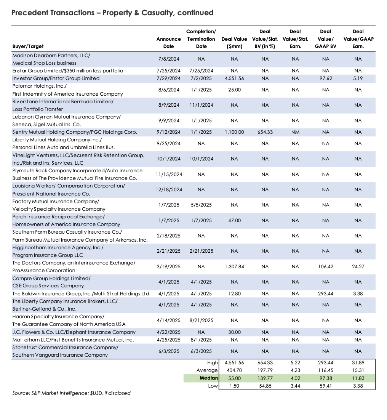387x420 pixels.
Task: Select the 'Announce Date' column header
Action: pyautogui.click(x=168, y=43)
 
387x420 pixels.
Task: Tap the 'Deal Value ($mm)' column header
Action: pyautogui.click(x=234, y=43)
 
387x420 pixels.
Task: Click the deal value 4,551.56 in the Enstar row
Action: pyautogui.click(x=234, y=79)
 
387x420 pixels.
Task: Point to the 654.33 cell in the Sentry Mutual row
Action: pyautogui.click(x=265, y=132)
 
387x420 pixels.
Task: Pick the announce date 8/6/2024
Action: pyautogui.click(x=168, y=90)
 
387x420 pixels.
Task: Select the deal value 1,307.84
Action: pyautogui.click(x=234, y=267)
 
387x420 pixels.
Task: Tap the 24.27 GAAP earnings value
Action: pyautogui.click(x=358, y=267)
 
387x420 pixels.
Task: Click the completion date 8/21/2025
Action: pyautogui.click(x=201, y=321)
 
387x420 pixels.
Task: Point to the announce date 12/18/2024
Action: pyautogui.click(x=168, y=190)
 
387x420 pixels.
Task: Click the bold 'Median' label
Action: pyautogui.click(x=209, y=378)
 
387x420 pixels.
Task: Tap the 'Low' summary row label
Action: pyautogui.click(x=213, y=386)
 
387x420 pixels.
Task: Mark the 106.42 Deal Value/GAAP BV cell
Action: pyautogui.click(x=325, y=267)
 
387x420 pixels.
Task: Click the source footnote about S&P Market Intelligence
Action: pyautogui.click(x=71, y=393)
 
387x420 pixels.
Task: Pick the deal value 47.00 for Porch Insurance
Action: pyautogui.click(x=234, y=221)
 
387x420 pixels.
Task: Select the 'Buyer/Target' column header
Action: pyautogui.click(x=28, y=46)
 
